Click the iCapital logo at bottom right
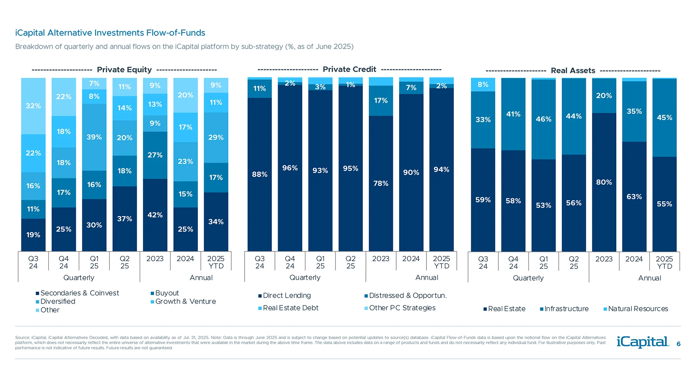(x=642, y=342)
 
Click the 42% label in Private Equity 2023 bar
(x=155, y=215)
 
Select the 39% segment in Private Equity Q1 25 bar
(x=94, y=137)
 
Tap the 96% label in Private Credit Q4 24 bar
(x=290, y=168)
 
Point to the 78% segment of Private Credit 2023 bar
(x=381, y=183)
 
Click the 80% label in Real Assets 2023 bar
(x=604, y=182)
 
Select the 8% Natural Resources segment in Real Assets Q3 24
(x=483, y=85)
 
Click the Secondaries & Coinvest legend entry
(x=79, y=293)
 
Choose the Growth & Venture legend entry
(x=185, y=302)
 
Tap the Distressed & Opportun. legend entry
(x=407, y=295)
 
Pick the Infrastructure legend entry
(x=566, y=309)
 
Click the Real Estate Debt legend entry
(x=290, y=308)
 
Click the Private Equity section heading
(x=124, y=70)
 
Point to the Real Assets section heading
(x=573, y=70)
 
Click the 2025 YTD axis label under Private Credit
(x=441, y=262)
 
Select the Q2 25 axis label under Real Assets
(x=573, y=262)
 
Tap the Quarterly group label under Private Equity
(x=79, y=278)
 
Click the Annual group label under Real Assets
(x=649, y=278)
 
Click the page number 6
(x=678, y=344)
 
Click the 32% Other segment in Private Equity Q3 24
(x=33, y=106)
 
